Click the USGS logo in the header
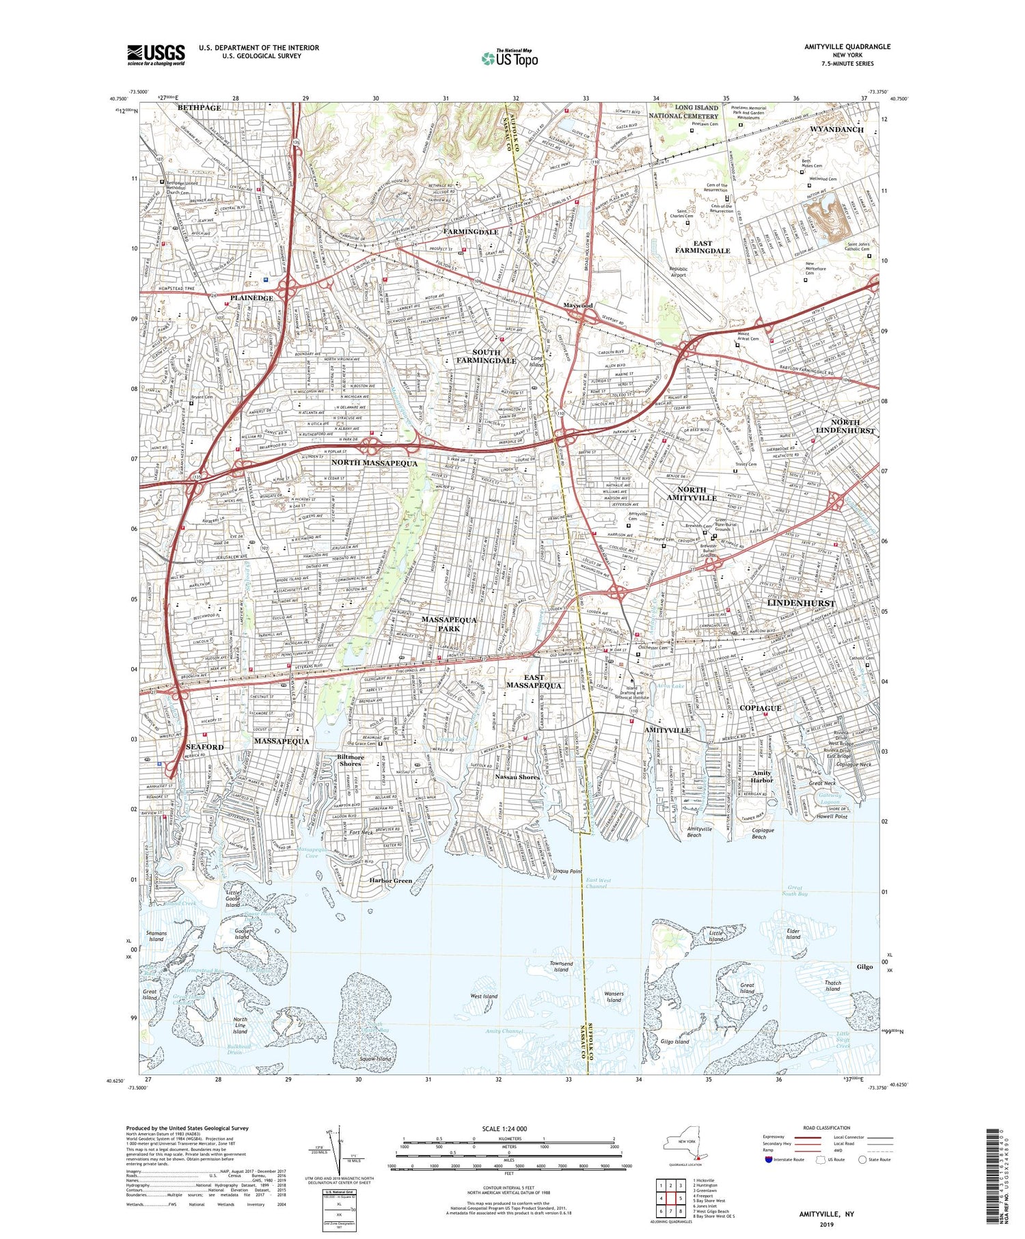[156, 55]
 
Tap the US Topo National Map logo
[509, 58]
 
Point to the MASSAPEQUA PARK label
[449, 623]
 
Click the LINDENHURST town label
[800, 603]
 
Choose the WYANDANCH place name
[836, 129]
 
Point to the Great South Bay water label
[794, 890]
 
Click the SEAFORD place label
[204, 747]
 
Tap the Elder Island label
[793, 934]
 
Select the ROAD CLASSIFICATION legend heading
[827, 1128]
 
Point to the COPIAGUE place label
[760, 708]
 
